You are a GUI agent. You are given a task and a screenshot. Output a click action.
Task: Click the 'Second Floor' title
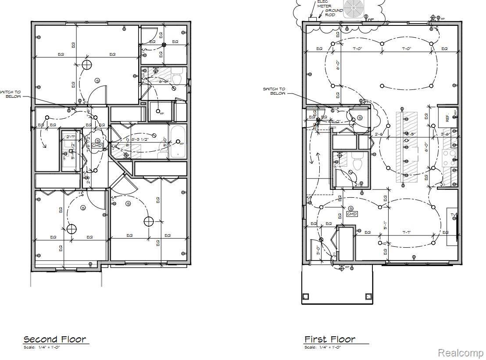point(55,339)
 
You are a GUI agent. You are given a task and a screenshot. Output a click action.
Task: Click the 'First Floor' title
point(330,339)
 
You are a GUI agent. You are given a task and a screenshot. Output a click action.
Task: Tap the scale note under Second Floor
point(42,347)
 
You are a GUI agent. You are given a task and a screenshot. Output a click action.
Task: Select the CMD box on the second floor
point(97,145)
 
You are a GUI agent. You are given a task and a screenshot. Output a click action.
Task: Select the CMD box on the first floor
point(352,214)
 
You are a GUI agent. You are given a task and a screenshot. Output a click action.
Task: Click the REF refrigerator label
point(447,118)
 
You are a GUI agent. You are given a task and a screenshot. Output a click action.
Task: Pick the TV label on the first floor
point(453,215)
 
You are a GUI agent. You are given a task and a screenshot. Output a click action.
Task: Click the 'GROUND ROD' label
point(333,12)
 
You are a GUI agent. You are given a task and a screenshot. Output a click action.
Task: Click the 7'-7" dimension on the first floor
point(406,232)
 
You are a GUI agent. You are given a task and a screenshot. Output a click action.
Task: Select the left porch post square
point(306,296)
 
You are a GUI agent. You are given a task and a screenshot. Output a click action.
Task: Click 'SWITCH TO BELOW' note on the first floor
point(274,91)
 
